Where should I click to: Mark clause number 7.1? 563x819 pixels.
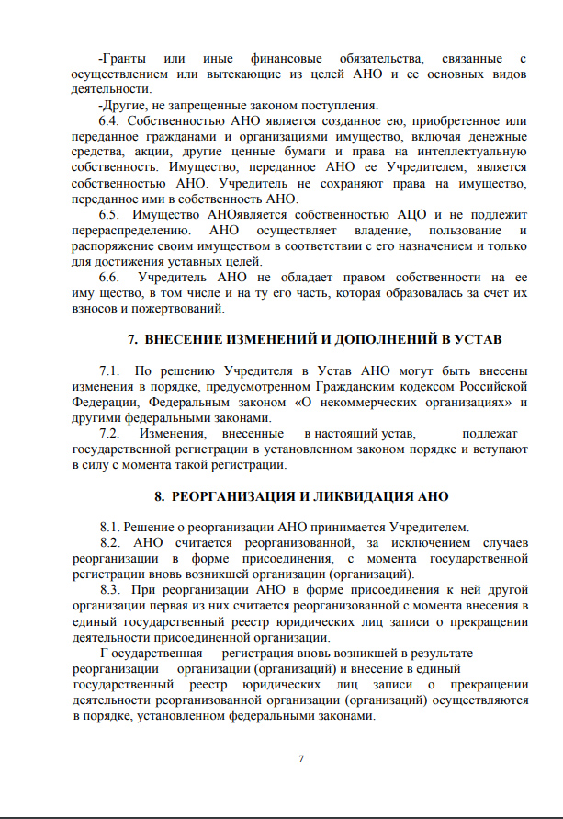point(108,370)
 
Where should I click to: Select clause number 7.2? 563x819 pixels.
point(108,433)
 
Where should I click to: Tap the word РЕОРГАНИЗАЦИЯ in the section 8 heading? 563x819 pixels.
point(226,496)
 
